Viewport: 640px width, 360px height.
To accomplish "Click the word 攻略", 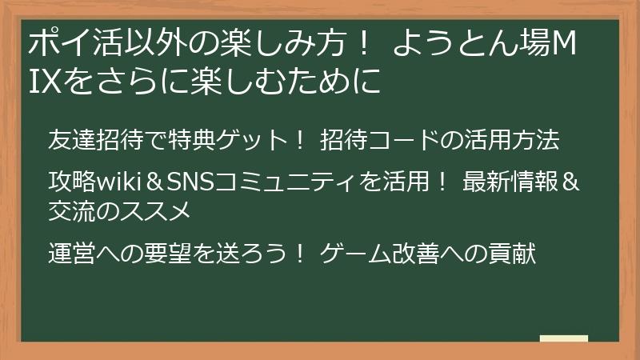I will pyautogui.click(x=71, y=183).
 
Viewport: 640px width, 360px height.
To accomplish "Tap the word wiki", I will pyautogui.click(x=119, y=183).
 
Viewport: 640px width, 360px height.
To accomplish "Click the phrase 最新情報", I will pyautogui.click(x=510, y=183).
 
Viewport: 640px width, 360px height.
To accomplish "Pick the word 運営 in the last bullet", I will pyautogui.click(x=71, y=254).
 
